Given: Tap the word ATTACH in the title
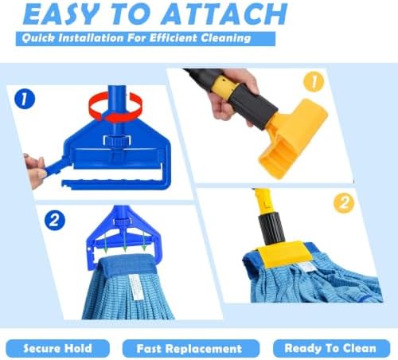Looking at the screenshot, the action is click(224, 14).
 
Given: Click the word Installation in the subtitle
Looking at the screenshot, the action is click(91, 38).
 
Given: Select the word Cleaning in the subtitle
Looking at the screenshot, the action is click(225, 38).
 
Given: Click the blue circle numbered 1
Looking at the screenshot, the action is click(25, 99).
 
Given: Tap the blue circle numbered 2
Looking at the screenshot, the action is click(55, 221).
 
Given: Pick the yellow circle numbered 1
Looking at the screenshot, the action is click(314, 82).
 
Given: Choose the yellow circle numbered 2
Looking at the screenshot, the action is click(344, 203).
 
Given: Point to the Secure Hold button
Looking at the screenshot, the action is click(57, 348).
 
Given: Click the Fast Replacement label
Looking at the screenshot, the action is click(189, 349).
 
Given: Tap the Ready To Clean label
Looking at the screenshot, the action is click(330, 348).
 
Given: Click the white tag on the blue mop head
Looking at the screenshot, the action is click(136, 288).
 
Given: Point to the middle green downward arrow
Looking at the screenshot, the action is click(124, 241).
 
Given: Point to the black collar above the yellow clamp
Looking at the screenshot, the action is click(271, 227).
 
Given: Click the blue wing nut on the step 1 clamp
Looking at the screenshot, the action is click(117, 140).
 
